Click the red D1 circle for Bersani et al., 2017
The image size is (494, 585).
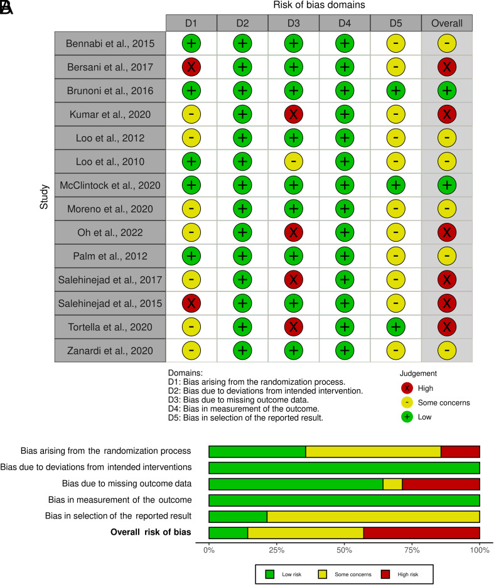[x=191, y=66]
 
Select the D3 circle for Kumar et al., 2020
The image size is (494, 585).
[x=293, y=114]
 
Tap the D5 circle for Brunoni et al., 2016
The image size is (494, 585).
[x=396, y=90]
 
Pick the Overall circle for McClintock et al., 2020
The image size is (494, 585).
[x=447, y=185]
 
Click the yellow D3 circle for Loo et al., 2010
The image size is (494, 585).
[x=293, y=161]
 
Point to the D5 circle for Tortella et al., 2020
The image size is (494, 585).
[x=396, y=327]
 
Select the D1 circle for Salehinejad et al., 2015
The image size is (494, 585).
[x=191, y=303]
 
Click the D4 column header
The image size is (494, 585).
[x=345, y=23]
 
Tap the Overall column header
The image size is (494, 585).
[x=447, y=23]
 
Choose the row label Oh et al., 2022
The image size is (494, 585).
[x=110, y=232]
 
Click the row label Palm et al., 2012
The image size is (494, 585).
[x=110, y=256]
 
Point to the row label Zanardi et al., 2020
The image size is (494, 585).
[x=110, y=351]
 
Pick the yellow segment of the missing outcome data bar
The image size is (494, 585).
[x=392, y=484]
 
